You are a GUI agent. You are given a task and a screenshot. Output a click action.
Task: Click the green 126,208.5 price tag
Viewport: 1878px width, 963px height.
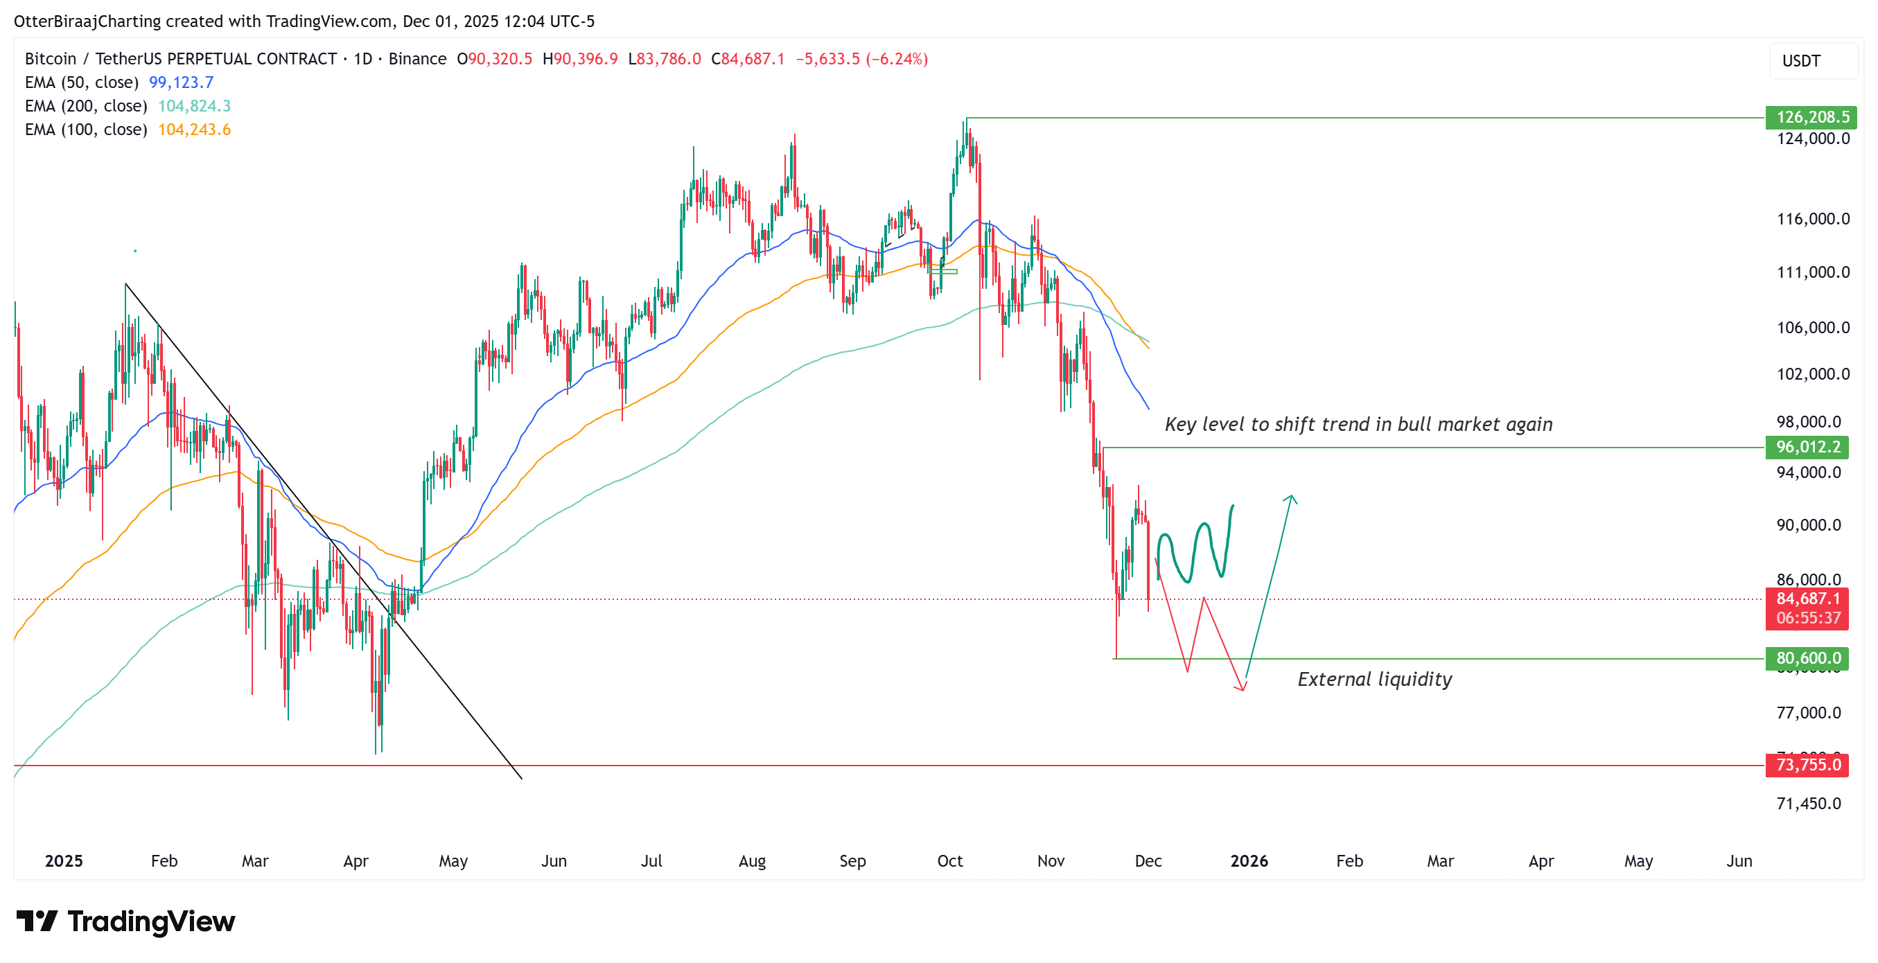[1811, 117]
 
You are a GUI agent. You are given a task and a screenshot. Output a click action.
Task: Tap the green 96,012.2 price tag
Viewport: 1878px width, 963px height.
[1807, 447]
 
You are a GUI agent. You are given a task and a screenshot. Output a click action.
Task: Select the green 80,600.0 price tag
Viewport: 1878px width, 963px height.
[1807, 658]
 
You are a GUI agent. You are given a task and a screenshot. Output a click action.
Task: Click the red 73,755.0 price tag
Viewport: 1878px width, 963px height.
[1807, 765]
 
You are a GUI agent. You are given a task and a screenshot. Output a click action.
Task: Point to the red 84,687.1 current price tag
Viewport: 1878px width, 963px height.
[1807, 599]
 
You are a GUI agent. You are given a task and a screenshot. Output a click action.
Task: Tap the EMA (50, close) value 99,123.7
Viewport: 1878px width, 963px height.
[181, 82]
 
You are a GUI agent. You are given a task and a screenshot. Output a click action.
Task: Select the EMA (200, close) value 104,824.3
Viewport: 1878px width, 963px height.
[194, 106]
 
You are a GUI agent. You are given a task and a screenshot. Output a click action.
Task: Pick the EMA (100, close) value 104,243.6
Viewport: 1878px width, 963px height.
[194, 130]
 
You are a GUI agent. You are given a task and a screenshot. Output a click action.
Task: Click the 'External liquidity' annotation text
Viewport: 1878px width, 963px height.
[1374, 680]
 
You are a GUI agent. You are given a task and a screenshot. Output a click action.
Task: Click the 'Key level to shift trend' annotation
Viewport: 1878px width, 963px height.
[1358, 424]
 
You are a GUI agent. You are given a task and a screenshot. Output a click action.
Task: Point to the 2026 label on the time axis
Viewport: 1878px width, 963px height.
[1249, 861]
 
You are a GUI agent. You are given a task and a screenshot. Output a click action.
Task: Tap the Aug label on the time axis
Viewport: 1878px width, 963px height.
[752, 861]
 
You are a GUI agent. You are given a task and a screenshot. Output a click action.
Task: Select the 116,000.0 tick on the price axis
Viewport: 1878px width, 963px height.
[1812, 219]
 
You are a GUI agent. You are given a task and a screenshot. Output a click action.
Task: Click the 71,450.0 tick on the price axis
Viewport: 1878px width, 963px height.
[1808, 804]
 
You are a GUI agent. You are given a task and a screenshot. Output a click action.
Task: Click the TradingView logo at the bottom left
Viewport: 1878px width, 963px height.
[125, 921]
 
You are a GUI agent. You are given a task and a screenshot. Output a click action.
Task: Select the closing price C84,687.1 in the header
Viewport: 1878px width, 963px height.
[747, 59]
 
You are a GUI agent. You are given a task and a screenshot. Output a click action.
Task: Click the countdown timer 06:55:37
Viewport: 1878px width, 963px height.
[1808, 618]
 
